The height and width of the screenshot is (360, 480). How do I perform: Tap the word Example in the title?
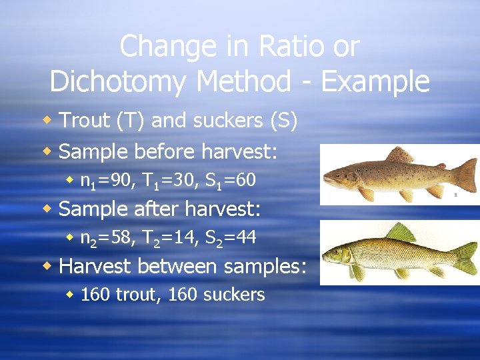376,82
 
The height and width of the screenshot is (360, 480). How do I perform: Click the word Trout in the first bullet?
83,120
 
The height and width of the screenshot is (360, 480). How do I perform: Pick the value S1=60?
227,180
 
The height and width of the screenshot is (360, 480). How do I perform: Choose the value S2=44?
227,237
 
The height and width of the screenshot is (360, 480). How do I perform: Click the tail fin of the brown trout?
464,175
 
